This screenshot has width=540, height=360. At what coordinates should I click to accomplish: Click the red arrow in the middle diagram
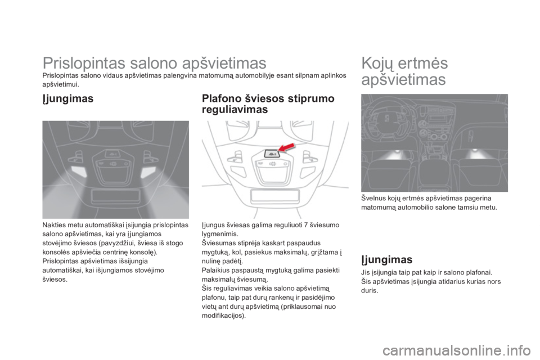(x=287, y=147)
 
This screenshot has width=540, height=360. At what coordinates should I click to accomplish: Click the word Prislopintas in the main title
(x=84, y=64)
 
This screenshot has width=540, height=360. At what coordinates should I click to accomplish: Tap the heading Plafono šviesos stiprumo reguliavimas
(x=268, y=103)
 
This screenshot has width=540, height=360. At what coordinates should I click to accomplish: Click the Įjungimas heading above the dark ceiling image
(x=68, y=98)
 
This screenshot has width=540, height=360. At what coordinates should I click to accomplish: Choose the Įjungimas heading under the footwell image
(x=387, y=259)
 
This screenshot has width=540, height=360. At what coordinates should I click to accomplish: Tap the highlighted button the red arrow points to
(x=272, y=154)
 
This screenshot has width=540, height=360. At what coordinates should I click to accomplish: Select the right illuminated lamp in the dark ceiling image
(x=148, y=171)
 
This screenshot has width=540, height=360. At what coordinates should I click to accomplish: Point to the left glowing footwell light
(x=397, y=152)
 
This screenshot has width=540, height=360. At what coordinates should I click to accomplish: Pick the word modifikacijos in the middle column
(x=222, y=316)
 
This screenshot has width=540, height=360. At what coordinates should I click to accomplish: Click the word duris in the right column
(x=369, y=290)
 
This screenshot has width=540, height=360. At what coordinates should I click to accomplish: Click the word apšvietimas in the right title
(x=404, y=79)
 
